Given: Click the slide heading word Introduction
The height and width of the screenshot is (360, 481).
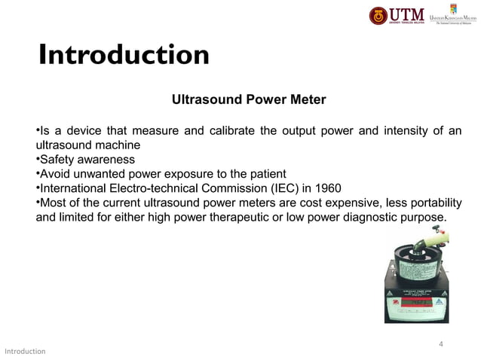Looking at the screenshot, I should coord(124,55).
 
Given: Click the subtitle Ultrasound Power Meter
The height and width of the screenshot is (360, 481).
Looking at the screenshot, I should coord(249,99).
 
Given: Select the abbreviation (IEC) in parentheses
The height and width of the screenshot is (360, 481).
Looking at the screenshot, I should coord(279,188).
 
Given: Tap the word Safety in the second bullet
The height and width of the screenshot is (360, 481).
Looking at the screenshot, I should coord(58,160).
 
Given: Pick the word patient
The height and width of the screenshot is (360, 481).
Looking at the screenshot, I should coord(264,174).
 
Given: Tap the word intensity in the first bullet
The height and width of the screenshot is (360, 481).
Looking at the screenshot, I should coord(412,132).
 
